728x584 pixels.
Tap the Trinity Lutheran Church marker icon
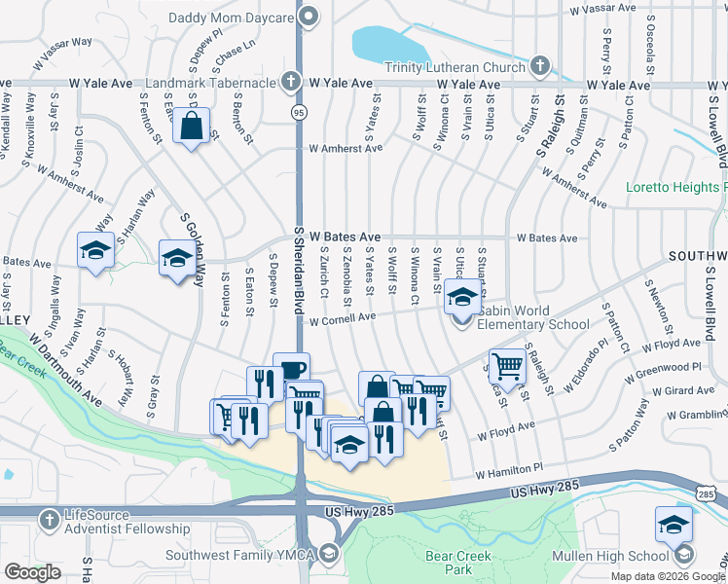coord(540,67)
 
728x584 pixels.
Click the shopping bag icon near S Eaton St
coord(193,126)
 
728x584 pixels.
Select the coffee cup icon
coord(291,369)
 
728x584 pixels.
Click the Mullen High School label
coord(620,556)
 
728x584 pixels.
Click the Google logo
coord(32,572)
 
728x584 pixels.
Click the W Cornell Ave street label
coord(342,318)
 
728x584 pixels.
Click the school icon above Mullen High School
coord(673,525)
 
